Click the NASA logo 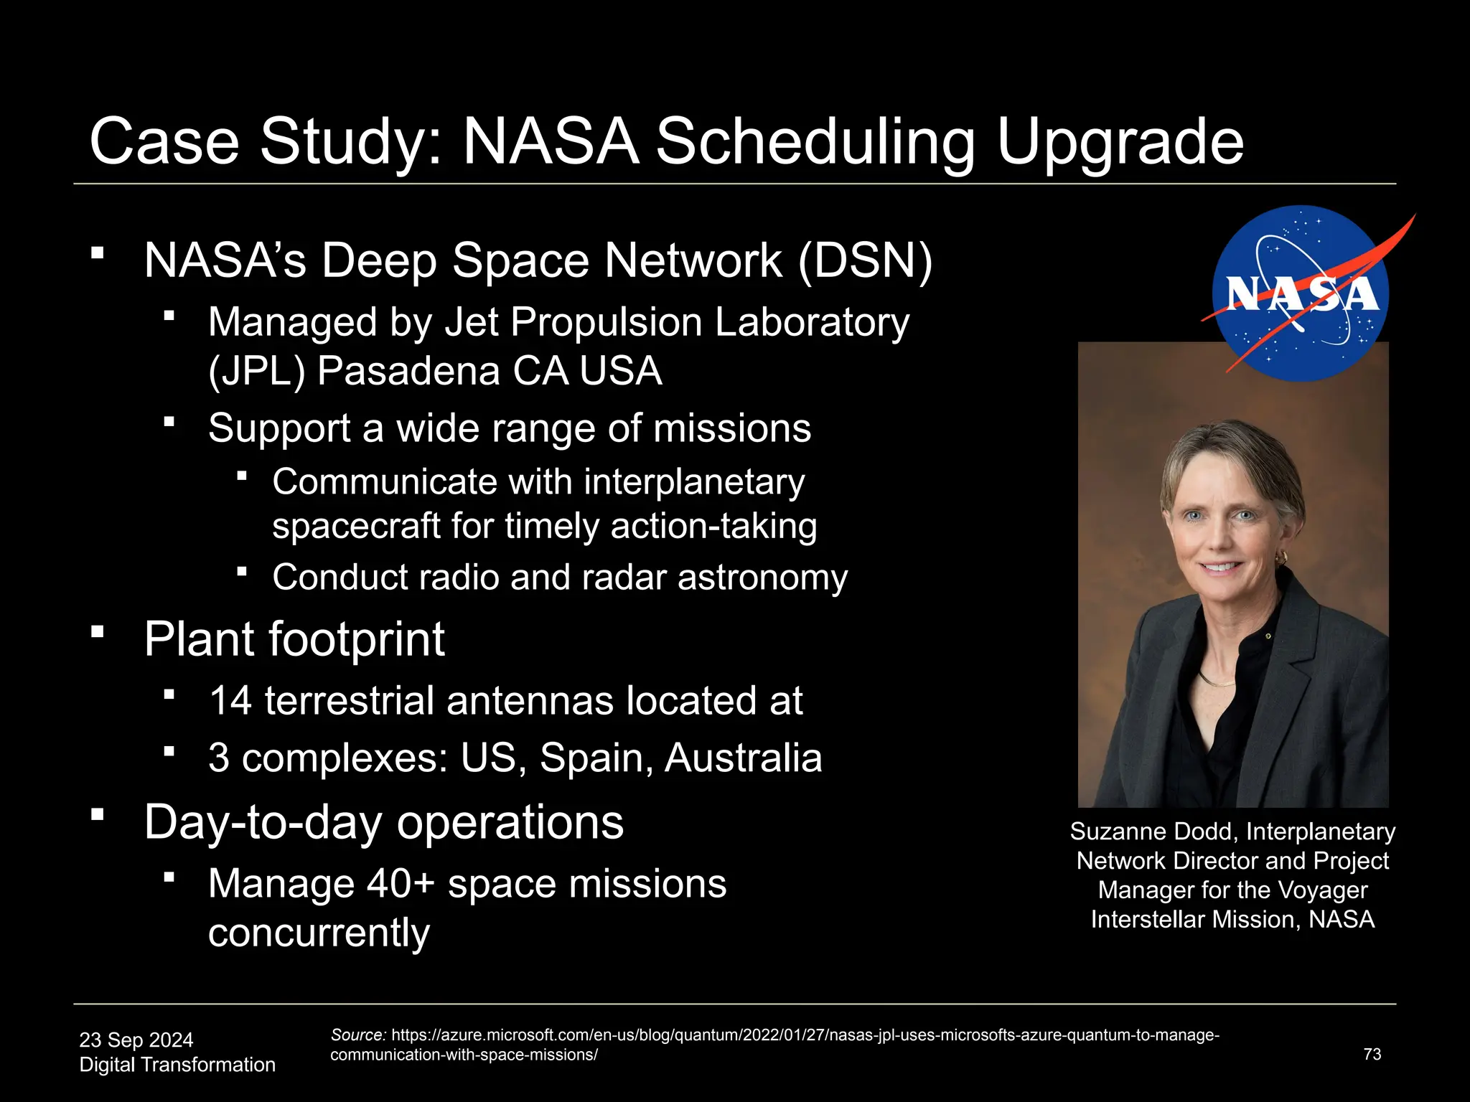tap(1301, 293)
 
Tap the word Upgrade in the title tap(1120, 141)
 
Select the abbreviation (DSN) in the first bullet tap(865, 260)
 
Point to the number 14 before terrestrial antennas tap(230, 700)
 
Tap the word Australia tap(743, 758)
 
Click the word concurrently tap(319, 933)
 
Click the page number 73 tap(1372, 1054)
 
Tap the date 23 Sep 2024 tap(136, 1040)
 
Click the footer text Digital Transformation tap(177, 1065)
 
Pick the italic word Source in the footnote tap(358, 1035)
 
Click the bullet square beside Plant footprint tap(98, 632)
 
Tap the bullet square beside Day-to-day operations tap(98, 814)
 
